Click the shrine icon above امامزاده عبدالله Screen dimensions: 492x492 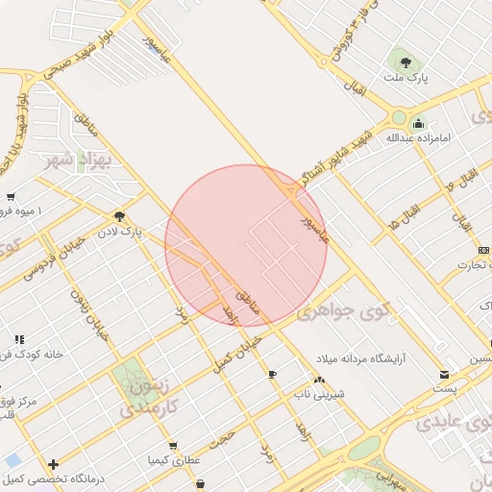pyautogui.click(x=418, y=124)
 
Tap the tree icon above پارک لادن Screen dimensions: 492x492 pyautogui.click(x=119, y=217)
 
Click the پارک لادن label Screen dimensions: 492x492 pyautogui.click(x=124, y=232)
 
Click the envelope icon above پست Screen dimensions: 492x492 pyautogui.click(x=442, y=374)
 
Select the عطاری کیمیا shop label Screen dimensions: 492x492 pyautogui.click(x=173, y=460)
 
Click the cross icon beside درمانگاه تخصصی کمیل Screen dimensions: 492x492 pyautogui.click(x=53, y=464)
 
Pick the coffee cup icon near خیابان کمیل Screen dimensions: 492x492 pyautogui.click(x=272, y=373)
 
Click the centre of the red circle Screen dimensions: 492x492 pyautogui.click(x=246, y=246)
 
